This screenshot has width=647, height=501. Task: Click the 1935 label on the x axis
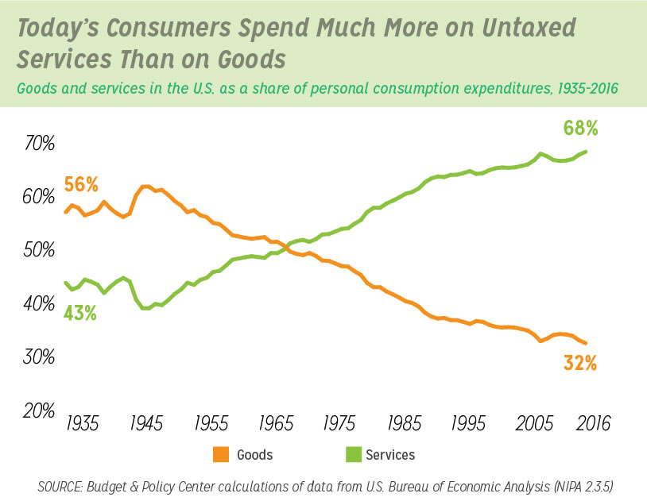(82, 424)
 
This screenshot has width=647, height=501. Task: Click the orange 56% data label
(80, 185)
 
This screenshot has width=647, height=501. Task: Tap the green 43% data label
(79, 314)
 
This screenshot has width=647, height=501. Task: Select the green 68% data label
(580, 128)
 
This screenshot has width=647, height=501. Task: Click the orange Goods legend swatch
(220, 455)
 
